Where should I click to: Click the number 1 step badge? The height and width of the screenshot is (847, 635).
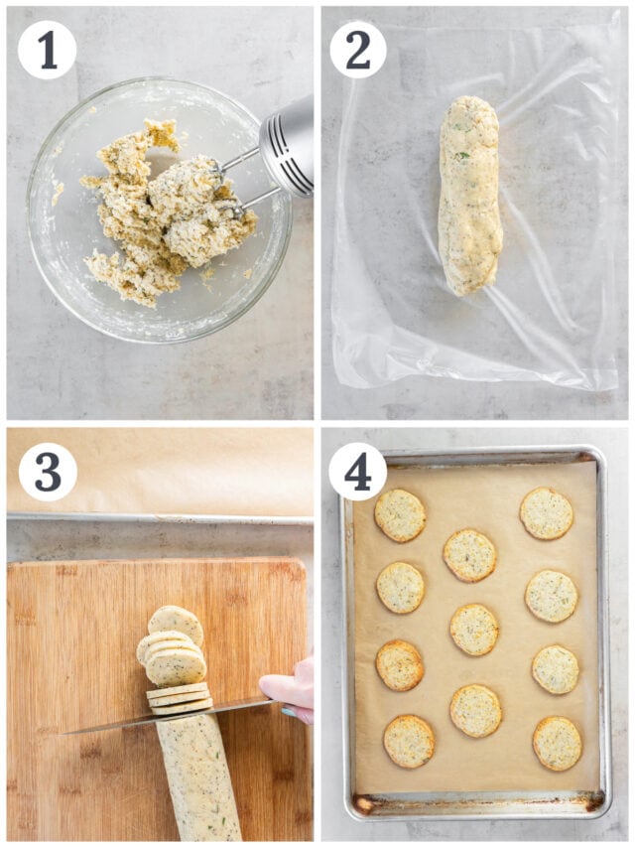pos(47,49)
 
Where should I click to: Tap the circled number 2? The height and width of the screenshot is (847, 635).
pos(358,49)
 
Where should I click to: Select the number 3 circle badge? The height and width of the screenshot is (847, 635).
pos(47,472)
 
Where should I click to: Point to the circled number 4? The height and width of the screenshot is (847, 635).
pos(358,472)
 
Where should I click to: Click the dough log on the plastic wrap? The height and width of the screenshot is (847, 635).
pos(470,195)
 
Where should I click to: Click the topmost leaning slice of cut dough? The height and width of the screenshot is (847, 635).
pos(177,625)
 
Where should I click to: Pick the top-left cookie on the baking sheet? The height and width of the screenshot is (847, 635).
pos(400,515)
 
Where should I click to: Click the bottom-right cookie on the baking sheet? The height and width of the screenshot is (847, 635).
pos(557,743)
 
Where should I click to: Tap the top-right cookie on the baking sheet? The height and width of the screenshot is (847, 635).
pos(547,512)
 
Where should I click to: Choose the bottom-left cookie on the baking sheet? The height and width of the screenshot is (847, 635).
pos(409,741)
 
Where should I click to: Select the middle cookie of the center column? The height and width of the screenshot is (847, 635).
pos(474,629)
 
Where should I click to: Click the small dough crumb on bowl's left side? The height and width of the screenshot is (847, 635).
pos(58,193)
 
